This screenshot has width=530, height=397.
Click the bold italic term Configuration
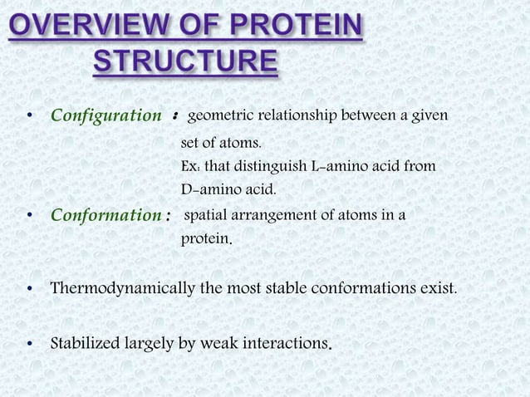click(x=106, y=114)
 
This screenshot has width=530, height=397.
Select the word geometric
click(x=221, y=113)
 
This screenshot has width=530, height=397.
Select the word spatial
click(x=204, y=217)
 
